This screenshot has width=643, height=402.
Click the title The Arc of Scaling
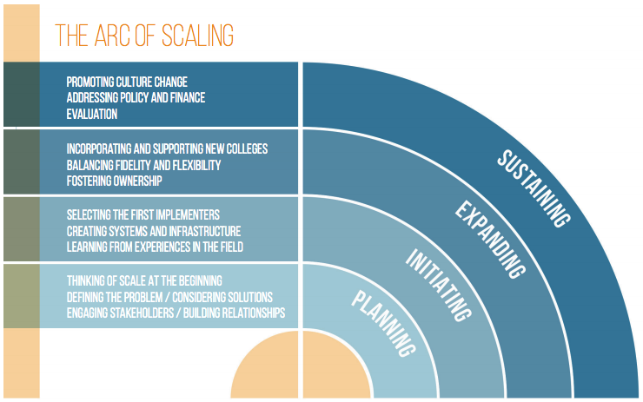(x=144, y=36)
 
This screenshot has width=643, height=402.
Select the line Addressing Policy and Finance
(x=136, y=98)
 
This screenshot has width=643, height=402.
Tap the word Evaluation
(x=92, y=114)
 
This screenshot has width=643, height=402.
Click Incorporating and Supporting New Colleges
(x=167, y=149)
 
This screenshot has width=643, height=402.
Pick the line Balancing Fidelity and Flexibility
(x=143, y=165)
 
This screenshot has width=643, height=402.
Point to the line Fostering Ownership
(x=114, y=181)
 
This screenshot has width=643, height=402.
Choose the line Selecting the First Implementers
(x=143, y=214)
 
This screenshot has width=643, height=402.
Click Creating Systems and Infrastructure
(x=154, y=231)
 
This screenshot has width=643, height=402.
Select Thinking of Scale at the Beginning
(x=144, y=280)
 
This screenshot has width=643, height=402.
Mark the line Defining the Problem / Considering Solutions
(x=169, y=296)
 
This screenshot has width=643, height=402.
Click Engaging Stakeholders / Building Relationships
(x=176, y=313)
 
